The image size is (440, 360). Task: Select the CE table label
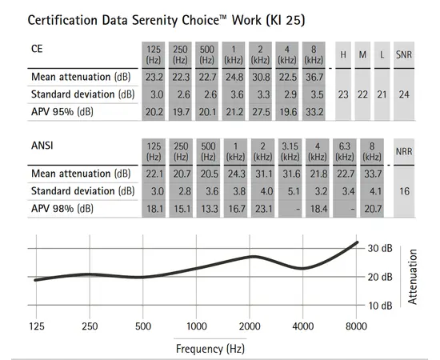click(38, 49)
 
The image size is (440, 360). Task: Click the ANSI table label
click(42, 146)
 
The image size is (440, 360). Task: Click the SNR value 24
click(404, 94)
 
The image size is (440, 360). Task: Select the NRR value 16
click(404, 192)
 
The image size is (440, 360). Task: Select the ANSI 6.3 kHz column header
click(346, 150)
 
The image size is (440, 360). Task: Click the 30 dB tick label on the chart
click(380, 248)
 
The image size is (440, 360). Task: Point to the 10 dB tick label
click(380, 306)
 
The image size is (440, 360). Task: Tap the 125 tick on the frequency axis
click(37, 326)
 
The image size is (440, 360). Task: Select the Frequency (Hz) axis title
click(210, 348)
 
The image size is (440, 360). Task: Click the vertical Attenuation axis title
click(414, 277)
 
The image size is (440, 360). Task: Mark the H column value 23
click(342, 94)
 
